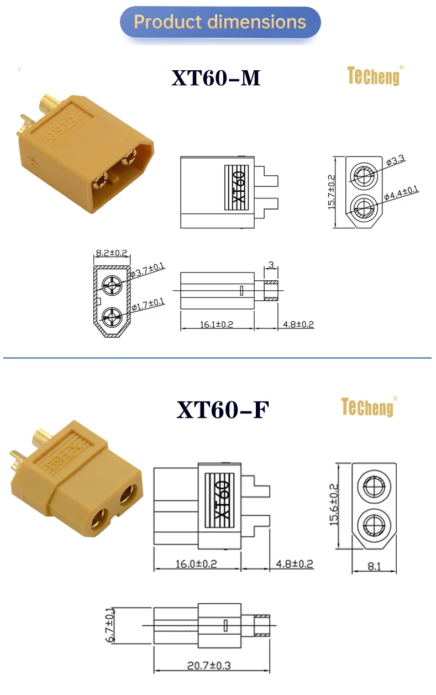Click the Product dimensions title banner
tap(220, 22)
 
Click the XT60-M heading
tap(216, 79)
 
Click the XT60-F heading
tap(223, 410)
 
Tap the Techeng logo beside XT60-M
tap(373, 76)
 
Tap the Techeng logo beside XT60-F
tap(367, 407)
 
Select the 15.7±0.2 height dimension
tap(332, 191)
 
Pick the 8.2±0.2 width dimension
tap(112, 253)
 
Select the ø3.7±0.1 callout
tap(148, 270)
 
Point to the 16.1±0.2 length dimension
tap(217, 324)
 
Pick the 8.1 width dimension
tap(374, 565)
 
